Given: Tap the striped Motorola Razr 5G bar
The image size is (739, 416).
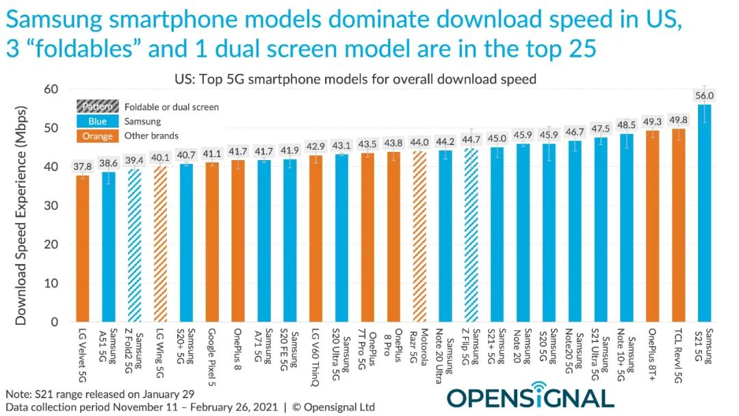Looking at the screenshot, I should (419, 236).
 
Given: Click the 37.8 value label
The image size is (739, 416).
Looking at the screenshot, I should (82, 165).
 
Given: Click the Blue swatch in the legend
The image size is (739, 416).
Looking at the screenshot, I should (96, 121).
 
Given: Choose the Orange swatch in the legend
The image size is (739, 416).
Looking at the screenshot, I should (96, 135).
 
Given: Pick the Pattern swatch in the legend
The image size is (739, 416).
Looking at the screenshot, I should (96, 107).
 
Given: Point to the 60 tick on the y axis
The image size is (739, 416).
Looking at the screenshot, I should (50, 90).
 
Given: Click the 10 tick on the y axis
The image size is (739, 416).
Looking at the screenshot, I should (50, 283).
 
